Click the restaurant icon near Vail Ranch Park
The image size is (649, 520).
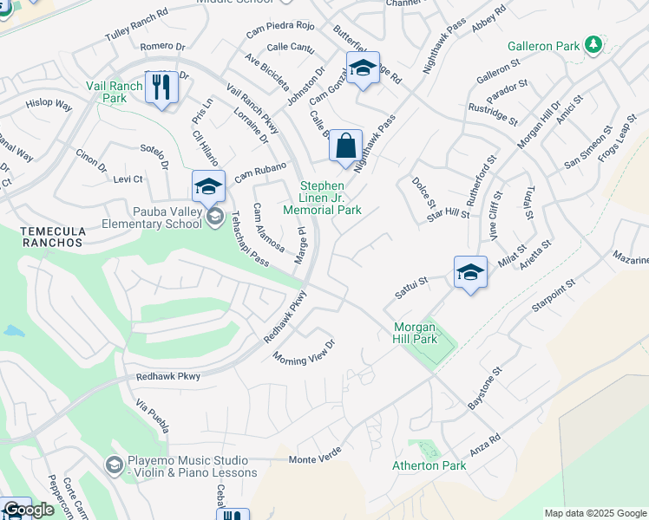pyautogui.click(x=161, y=88)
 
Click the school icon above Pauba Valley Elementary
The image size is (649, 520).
pyautogui.click(x=208, y=186)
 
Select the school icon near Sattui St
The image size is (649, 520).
pyautogui.click(x=469, y=272)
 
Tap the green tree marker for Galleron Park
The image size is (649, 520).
pyautogui.click(x=593, y=43)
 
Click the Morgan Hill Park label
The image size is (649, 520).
pyautogui.click(x=416, y=333)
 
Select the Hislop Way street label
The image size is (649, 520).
pyautogui.click(x=49, y=104)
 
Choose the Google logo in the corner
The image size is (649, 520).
pyautogui.click(x=29, y=510)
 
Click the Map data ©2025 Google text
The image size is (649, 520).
pyautogui.click(x=594, y=513)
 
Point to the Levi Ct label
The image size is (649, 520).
pyautogui.click(x=128, y=179)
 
